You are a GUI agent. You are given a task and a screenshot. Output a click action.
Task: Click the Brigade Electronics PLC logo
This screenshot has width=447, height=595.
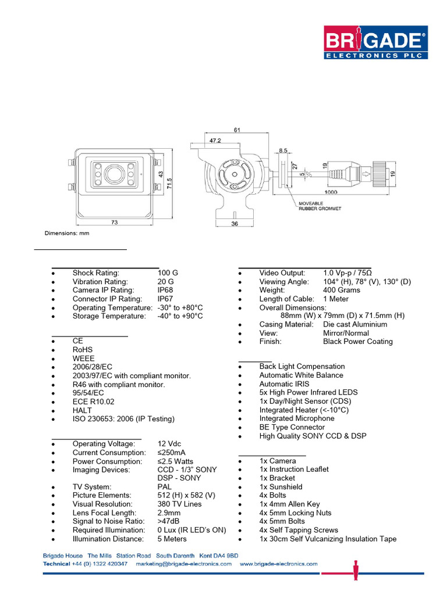(x=374, y=42)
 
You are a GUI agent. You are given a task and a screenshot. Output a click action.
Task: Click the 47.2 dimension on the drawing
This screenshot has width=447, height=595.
(x=215, y=140)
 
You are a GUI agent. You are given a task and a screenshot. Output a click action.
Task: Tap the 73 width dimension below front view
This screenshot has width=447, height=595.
(x=115, y=223)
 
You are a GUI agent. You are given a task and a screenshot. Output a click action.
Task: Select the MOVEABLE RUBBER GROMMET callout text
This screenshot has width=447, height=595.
(x=320, y=206)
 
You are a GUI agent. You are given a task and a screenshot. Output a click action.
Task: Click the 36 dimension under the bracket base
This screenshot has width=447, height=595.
(x=235, y=223)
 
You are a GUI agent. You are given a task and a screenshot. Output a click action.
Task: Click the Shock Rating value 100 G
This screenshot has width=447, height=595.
(x=168, y=273)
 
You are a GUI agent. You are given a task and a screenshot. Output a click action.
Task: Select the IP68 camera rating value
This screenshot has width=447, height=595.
(x=165, y=290)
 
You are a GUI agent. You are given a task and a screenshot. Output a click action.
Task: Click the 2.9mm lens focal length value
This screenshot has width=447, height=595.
(x=169, y=513)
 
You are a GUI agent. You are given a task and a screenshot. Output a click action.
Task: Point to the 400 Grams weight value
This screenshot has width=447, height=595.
(x=342, y=290)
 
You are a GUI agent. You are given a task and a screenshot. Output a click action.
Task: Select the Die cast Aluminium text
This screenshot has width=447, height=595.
(x=355, y=324)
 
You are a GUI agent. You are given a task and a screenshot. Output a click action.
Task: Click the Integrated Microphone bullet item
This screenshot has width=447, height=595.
(x=297, y=418)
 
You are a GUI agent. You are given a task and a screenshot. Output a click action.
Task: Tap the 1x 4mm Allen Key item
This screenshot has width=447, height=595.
(x=289, y=504)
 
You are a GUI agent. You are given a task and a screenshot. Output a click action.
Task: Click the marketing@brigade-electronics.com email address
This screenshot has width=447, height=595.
(x=183, y=564)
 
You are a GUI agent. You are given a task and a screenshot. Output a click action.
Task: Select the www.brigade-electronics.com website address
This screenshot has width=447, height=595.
(x=278, y=564)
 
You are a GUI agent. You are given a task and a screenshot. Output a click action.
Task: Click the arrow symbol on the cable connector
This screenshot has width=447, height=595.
(x=366, y=173)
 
